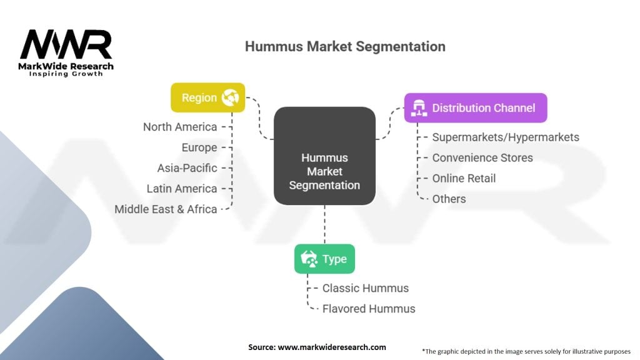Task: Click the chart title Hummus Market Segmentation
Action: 345,47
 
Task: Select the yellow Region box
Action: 208,97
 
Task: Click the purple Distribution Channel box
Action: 476,107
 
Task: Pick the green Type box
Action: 324,259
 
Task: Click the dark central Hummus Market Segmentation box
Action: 324,156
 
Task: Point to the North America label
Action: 180,127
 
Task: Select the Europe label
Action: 199,147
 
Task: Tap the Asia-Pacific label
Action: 187,168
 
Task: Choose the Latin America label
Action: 182,189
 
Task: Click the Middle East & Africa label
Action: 166,209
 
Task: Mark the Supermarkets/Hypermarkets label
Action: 506,137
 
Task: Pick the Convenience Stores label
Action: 482,157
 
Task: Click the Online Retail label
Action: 464,178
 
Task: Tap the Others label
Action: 449,199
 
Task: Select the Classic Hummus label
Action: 366,288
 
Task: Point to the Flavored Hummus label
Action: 369,309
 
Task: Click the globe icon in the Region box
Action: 231,97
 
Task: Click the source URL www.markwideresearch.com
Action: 331,347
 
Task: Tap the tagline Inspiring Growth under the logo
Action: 66,74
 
